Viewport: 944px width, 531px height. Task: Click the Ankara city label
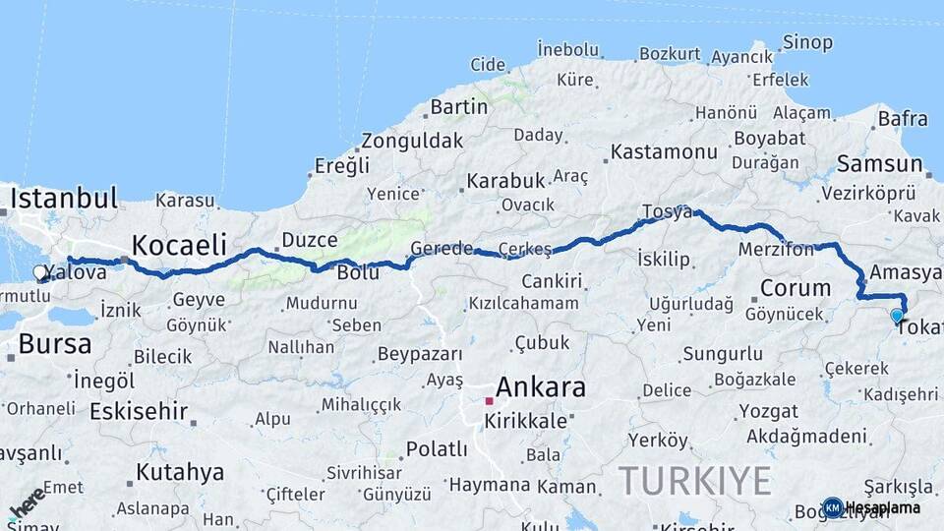[540, 386]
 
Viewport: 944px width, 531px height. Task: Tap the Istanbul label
[65, 198]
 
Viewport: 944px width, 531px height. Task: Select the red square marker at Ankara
[489, 401]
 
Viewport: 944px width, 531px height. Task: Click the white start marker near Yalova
[40, 272]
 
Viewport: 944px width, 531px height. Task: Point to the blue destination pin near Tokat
[897, 316]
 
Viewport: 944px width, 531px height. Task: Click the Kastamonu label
[664, 152]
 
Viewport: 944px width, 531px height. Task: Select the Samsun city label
[876, 163]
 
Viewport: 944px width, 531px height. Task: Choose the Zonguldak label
[411, 141]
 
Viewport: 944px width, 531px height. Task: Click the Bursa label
[55, 344]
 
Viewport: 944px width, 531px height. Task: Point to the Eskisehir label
[139, 411]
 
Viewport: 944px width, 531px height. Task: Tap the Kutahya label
[180, 472]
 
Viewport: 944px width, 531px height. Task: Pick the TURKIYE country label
[694, 482]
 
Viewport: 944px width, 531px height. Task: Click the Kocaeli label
[179, 244]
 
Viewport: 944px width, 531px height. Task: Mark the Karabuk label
[505, 181]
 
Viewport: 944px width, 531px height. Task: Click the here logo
[27, 502]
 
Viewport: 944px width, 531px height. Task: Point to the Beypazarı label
[420, 353]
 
